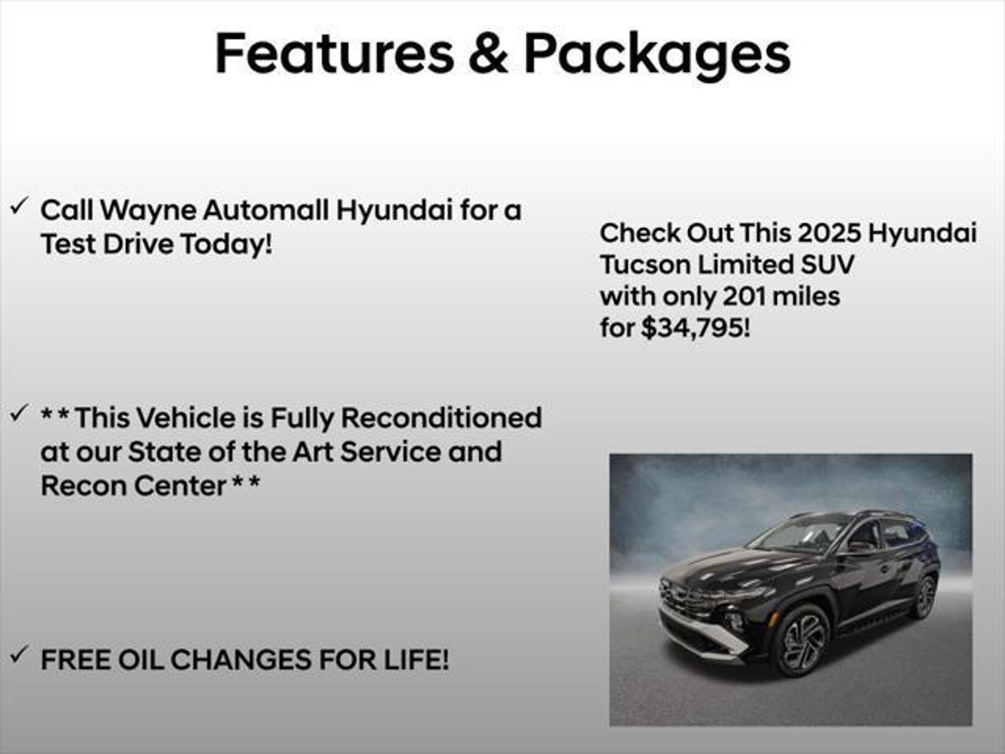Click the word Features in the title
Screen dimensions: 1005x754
335,53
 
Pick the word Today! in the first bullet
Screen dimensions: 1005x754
226,244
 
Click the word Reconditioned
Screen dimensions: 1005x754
441,418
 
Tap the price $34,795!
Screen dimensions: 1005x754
695,328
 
